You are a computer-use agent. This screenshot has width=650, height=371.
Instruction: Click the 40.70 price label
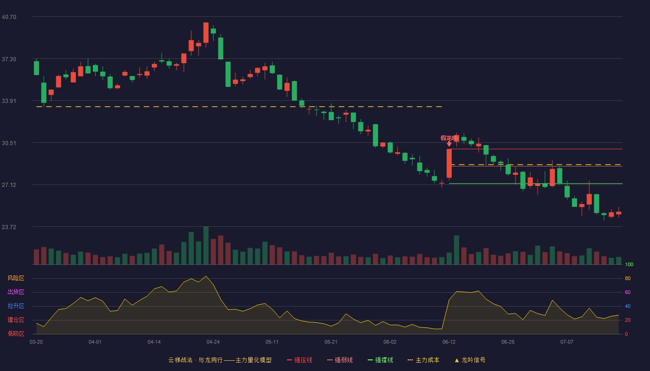point(9,17)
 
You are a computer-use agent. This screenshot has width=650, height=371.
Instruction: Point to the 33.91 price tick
point(9,101)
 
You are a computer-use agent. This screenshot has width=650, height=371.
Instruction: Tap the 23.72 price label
point(9,227)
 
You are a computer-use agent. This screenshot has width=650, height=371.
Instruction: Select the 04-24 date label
point(213,342)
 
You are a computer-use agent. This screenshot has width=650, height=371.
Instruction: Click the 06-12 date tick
point(449,342)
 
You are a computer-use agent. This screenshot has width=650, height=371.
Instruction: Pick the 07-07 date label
point(567,342)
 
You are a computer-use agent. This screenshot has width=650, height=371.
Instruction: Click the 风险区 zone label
point(16,278)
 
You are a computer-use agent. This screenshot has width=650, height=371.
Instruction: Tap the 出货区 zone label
point(16,292)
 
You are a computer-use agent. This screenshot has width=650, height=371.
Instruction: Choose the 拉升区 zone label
point(16,306)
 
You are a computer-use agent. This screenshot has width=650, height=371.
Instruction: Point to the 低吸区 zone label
point(16,333)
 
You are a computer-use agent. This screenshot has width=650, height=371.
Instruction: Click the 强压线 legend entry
point(299,360)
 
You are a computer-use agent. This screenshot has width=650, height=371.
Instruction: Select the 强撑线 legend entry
point(380,360)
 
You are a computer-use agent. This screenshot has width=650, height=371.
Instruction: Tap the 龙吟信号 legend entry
point(470,360)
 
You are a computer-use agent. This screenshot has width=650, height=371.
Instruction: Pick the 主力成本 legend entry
point(423,360)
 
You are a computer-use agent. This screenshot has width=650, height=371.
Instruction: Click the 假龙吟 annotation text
point(449,138)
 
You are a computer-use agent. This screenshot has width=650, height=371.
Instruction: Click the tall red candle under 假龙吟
point(449,163)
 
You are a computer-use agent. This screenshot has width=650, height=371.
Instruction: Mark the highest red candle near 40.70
point(206,32)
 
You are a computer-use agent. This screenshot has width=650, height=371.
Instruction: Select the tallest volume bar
point(206,245)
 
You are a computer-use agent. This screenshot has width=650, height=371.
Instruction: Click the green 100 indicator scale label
point(629,264)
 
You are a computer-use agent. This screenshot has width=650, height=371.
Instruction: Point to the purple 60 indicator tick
point(628,292)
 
